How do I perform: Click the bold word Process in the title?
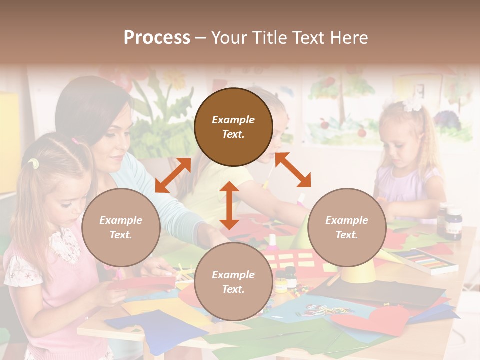click(157, 37)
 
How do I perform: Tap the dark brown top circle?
click(233, 127)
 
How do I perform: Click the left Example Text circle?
click(121, 227)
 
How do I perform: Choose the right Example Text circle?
click(347, 227)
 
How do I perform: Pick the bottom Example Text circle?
click(233, 282)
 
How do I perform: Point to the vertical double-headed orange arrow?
click(229, 205)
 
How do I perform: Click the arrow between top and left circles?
click(173, 175)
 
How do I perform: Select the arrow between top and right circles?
click(293, 170)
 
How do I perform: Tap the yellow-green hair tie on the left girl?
click(33, 163)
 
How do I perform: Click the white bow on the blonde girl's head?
click(413, 103)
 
